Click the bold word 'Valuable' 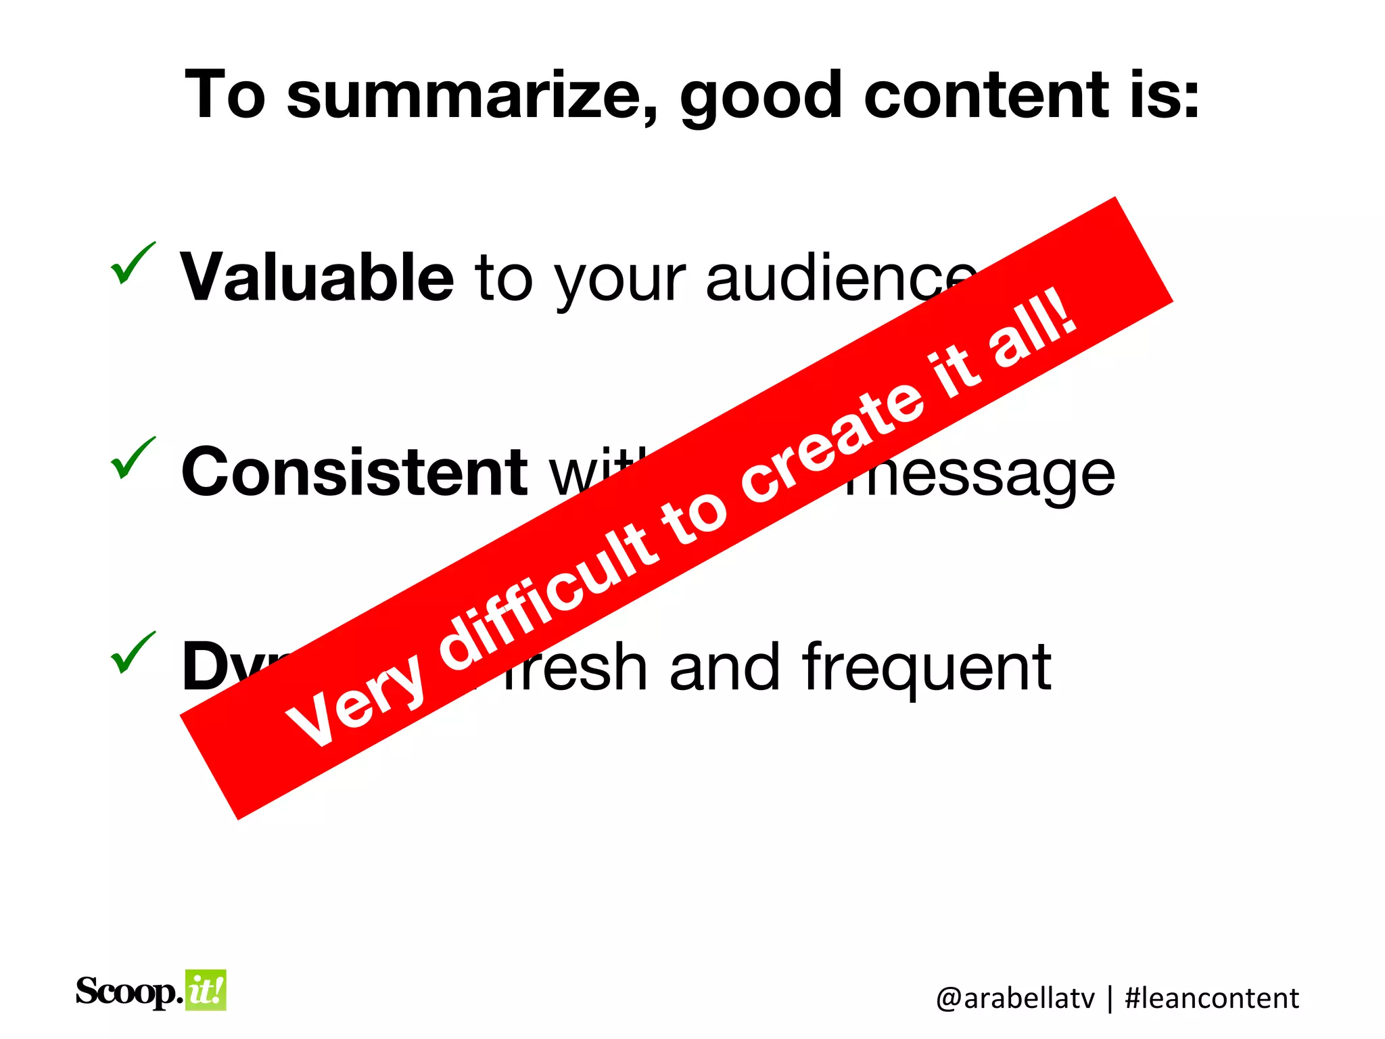point(316,277)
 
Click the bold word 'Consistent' point(354,472)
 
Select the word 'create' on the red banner point(832,433)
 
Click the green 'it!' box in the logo point(206,990)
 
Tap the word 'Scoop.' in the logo point(128,992)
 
